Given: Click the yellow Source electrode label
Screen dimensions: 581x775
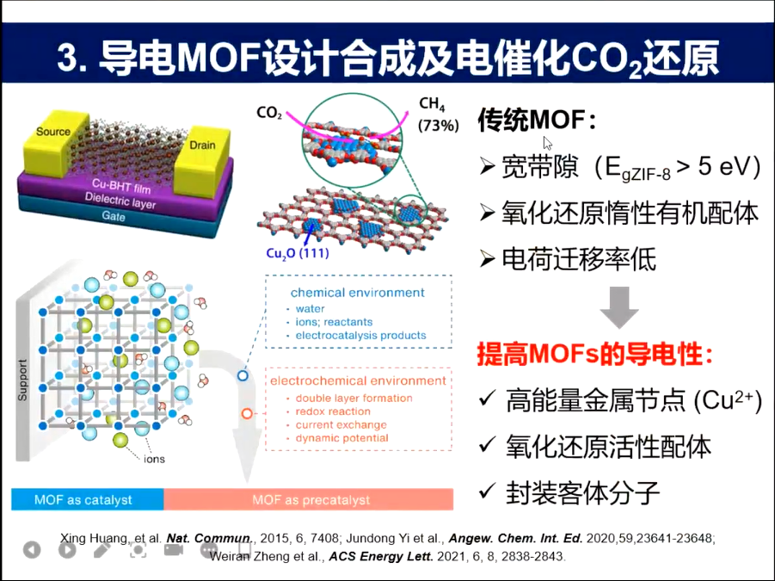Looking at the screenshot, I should [x=53, y=133].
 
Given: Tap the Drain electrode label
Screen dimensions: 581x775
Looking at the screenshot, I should [x=202, y=146].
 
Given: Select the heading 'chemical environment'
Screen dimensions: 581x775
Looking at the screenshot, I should [x=357, y=293].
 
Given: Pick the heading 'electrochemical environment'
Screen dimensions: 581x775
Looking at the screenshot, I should [x=358, y=380].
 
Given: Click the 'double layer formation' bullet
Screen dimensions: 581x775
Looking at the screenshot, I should [x=354, y=399].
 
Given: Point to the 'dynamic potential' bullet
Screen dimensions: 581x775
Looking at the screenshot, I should [x=341, y=438].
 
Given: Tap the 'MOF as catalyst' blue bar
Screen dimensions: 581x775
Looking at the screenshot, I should [x=87, y=499].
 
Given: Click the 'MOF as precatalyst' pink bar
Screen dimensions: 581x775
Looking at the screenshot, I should [x=311, y=499].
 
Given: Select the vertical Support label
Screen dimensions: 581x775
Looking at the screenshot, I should [x=22, y=380].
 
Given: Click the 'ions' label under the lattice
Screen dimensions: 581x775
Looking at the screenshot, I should [x=155, y=459].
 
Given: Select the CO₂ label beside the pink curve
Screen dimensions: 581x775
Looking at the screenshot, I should [x=269, y=113].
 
